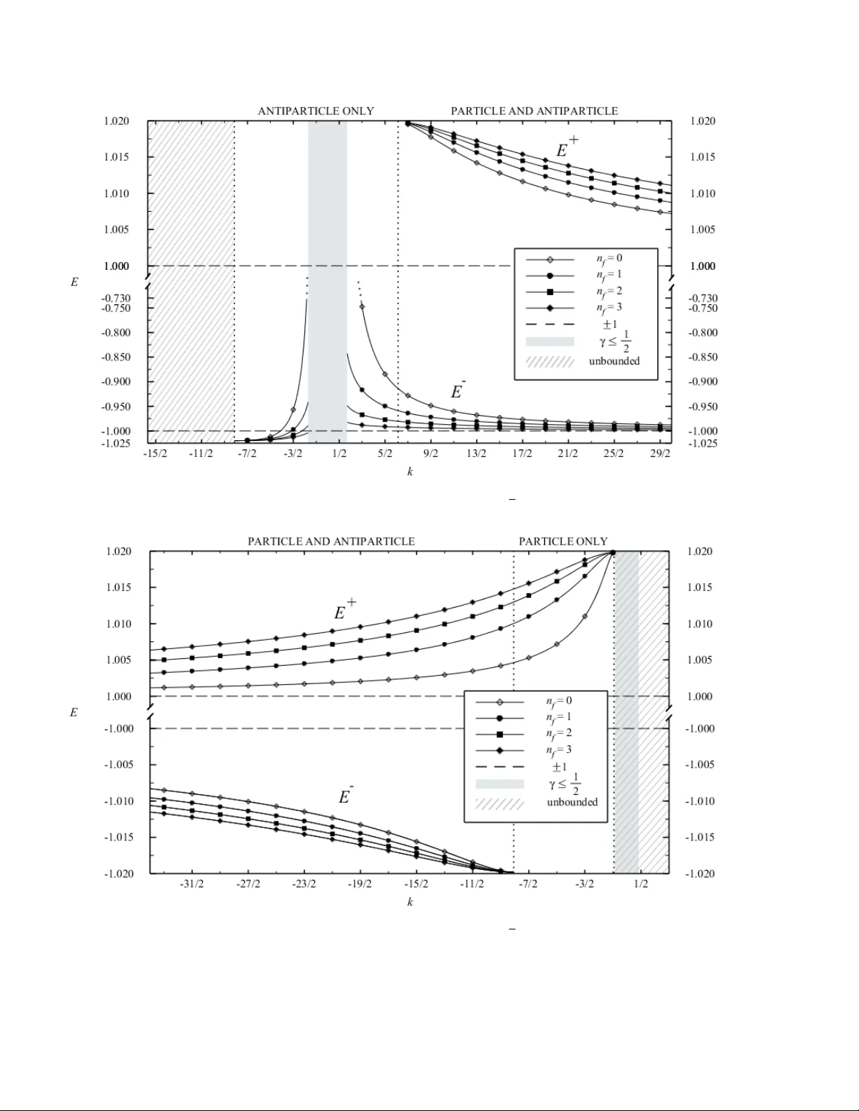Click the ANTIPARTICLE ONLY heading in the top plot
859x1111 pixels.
point(316,111)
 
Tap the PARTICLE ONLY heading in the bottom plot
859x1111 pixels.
point(563,541)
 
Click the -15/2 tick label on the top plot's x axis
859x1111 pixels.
point(155,454)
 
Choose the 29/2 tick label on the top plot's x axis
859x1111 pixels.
point(660,454)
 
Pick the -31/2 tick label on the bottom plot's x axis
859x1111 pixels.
point(191,884)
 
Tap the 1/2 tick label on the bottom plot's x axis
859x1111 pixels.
point(641,884)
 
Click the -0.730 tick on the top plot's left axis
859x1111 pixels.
point(117,299)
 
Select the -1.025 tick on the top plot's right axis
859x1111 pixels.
point(703,443)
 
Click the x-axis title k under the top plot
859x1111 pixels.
point(410,472)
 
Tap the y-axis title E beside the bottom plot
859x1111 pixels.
point(74,712)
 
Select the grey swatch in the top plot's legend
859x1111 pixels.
point(550,342)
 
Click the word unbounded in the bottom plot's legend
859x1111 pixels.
point(572,802)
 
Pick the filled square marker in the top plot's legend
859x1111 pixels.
point(550,292)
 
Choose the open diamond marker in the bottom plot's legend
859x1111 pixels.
point(500,702)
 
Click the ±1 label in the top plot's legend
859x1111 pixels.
point(609,325)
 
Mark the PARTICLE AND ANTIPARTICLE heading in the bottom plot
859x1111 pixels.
point(331,541)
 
